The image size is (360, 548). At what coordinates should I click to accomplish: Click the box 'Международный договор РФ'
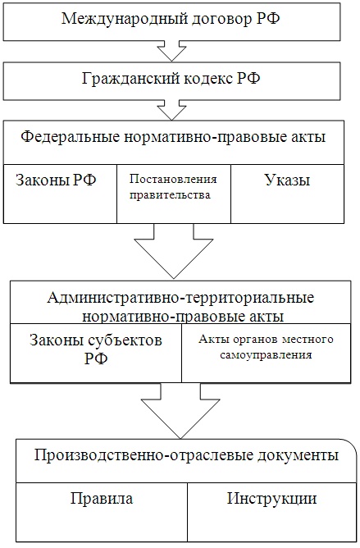pos(171,21)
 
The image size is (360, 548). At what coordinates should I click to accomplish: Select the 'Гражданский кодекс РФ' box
pos(171,81)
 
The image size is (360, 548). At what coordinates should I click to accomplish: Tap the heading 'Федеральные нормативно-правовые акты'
pos(173,137)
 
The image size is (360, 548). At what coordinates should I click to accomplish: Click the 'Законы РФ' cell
pos(60,194)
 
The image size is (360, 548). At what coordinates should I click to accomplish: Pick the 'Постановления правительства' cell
pos(174,194)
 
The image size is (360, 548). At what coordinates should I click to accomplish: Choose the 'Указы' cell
pos(287,194)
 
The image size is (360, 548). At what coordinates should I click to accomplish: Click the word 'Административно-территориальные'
pos(180,298)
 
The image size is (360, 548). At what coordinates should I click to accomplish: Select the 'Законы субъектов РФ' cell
pos(96,353)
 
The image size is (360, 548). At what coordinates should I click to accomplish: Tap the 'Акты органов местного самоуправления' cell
pos(266,353)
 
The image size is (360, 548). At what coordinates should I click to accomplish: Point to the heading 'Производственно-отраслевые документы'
pos(187,455)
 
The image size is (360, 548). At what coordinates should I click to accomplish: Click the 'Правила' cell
pos(102,513)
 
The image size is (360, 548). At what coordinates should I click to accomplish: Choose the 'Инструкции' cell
pos(272,513)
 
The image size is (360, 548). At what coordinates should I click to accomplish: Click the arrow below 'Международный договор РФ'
pos(171,52)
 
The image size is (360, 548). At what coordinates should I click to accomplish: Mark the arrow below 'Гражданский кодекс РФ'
pos(171,111)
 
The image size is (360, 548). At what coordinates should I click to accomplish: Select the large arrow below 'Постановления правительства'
pos(174,251)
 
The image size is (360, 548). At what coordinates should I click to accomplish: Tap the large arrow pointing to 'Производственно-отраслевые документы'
pos(180,411)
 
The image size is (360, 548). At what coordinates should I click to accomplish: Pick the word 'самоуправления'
pos(266,355)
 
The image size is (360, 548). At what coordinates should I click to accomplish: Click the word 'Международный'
pos(124,19)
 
